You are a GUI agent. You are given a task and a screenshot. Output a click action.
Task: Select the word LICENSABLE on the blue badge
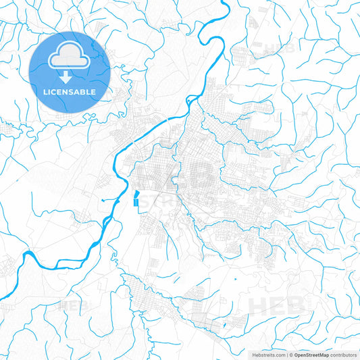(x=70, y=92)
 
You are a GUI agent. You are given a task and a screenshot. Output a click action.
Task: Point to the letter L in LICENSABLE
(x=45, y=92)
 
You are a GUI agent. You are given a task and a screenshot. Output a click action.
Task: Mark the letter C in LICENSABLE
(x=55, y=92)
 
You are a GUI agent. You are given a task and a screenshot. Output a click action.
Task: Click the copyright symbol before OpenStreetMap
(x=291, y=354)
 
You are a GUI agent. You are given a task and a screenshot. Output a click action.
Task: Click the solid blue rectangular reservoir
(x=138, y=200)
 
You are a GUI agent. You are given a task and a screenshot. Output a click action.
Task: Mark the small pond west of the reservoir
(x=101, y=200)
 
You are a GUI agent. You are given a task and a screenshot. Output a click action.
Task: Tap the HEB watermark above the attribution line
(x=277, y=305)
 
